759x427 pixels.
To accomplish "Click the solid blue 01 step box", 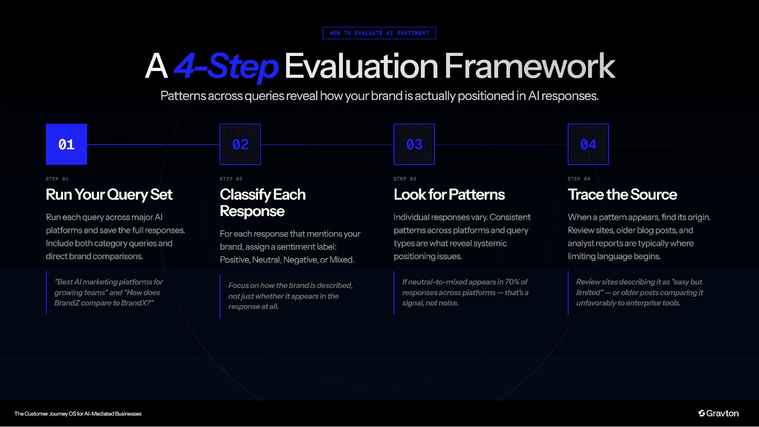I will click(x=66, y=144).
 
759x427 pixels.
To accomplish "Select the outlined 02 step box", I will click(x=240, y=144).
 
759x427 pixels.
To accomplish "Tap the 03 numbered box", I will click(x=414, y=144).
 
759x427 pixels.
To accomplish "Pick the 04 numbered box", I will click(x=588, y=144).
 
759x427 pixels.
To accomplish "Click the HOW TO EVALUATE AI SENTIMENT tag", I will click(x=379, y=33).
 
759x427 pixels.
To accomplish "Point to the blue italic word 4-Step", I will click(x=226, y=66).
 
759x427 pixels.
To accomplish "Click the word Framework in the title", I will click(x=529, y=66).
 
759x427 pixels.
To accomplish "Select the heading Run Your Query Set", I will click(x=109, y=194).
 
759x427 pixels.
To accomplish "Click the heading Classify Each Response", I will click(x=262, y=202).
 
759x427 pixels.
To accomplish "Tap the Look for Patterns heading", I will click(x=449, y=194).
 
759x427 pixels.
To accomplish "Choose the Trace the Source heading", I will click(x=622, y=194).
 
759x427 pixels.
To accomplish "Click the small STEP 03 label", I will click(x=405, y=179).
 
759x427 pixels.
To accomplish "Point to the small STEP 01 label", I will click(x=57, y=179).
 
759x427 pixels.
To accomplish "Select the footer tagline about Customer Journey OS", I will click(x=78, y=414).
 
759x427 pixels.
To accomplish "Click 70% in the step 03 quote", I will click(x=512, y=282).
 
